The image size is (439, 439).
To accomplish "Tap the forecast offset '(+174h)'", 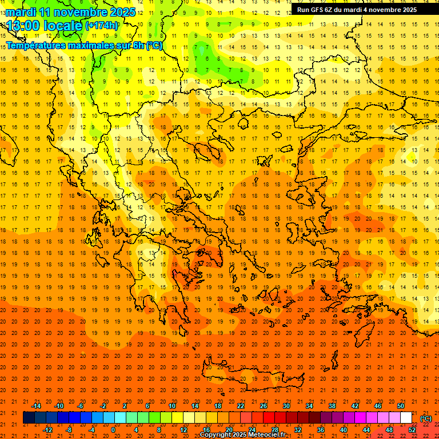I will (102, 26).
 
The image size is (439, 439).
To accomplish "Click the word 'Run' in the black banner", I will (304, 10).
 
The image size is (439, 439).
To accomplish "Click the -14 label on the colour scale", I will (36, 406).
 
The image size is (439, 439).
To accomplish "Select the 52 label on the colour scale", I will (412, 430).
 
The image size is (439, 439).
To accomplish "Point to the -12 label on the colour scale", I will (47, 430).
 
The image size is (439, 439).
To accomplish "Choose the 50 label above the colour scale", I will (401, 406).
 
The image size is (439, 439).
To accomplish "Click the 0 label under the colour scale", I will (114, 430).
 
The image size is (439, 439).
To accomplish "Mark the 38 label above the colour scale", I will (332, 406).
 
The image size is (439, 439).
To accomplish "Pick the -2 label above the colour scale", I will (103, 406).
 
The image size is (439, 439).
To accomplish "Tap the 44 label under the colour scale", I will (366, 430).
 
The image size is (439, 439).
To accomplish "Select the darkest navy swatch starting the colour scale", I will (29, 418).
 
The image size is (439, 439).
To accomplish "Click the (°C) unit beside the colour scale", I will (426, 418).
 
